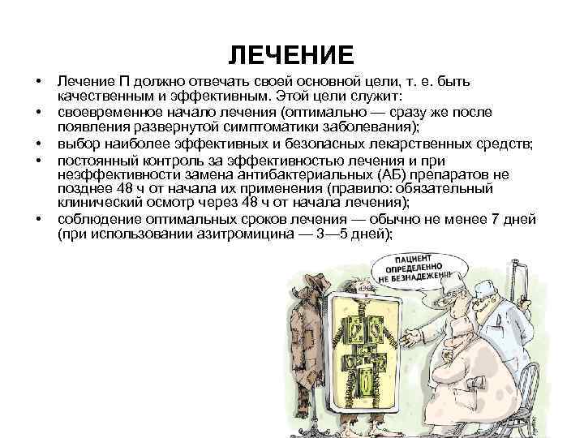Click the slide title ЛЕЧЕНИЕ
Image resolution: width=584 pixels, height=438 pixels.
[291, 55]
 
